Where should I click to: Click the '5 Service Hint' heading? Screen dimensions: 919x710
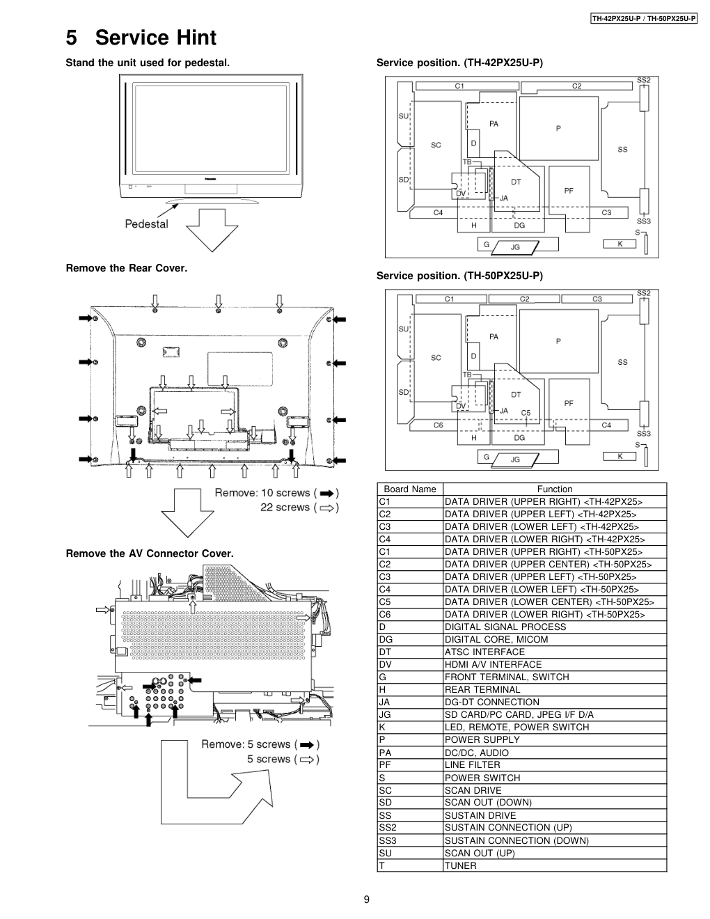tap(141, 38)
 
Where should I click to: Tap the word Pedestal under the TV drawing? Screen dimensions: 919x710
tap(146, 223)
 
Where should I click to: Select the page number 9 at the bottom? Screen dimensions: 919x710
tap(366, 900)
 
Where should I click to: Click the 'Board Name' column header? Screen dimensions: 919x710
tap(409, 489)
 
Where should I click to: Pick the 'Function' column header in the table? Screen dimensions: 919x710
tap(554, 489)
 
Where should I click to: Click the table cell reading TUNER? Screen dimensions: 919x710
tap(460, 865)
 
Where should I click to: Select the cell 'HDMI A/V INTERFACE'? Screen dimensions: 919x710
tap(493, 664)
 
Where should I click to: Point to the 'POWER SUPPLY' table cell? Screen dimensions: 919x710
tap(482, 739)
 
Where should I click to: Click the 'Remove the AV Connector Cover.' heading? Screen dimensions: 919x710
tap(150, 553)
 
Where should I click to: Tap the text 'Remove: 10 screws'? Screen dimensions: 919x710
tap(262, 493)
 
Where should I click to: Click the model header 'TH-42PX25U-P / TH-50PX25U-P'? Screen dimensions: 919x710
tap(644, 18)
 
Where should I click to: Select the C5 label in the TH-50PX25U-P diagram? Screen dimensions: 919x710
tap(526, 413)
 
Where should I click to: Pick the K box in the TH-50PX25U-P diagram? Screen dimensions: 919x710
tap(621, 456)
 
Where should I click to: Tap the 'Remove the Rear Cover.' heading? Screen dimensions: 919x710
tap(127, 268)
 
